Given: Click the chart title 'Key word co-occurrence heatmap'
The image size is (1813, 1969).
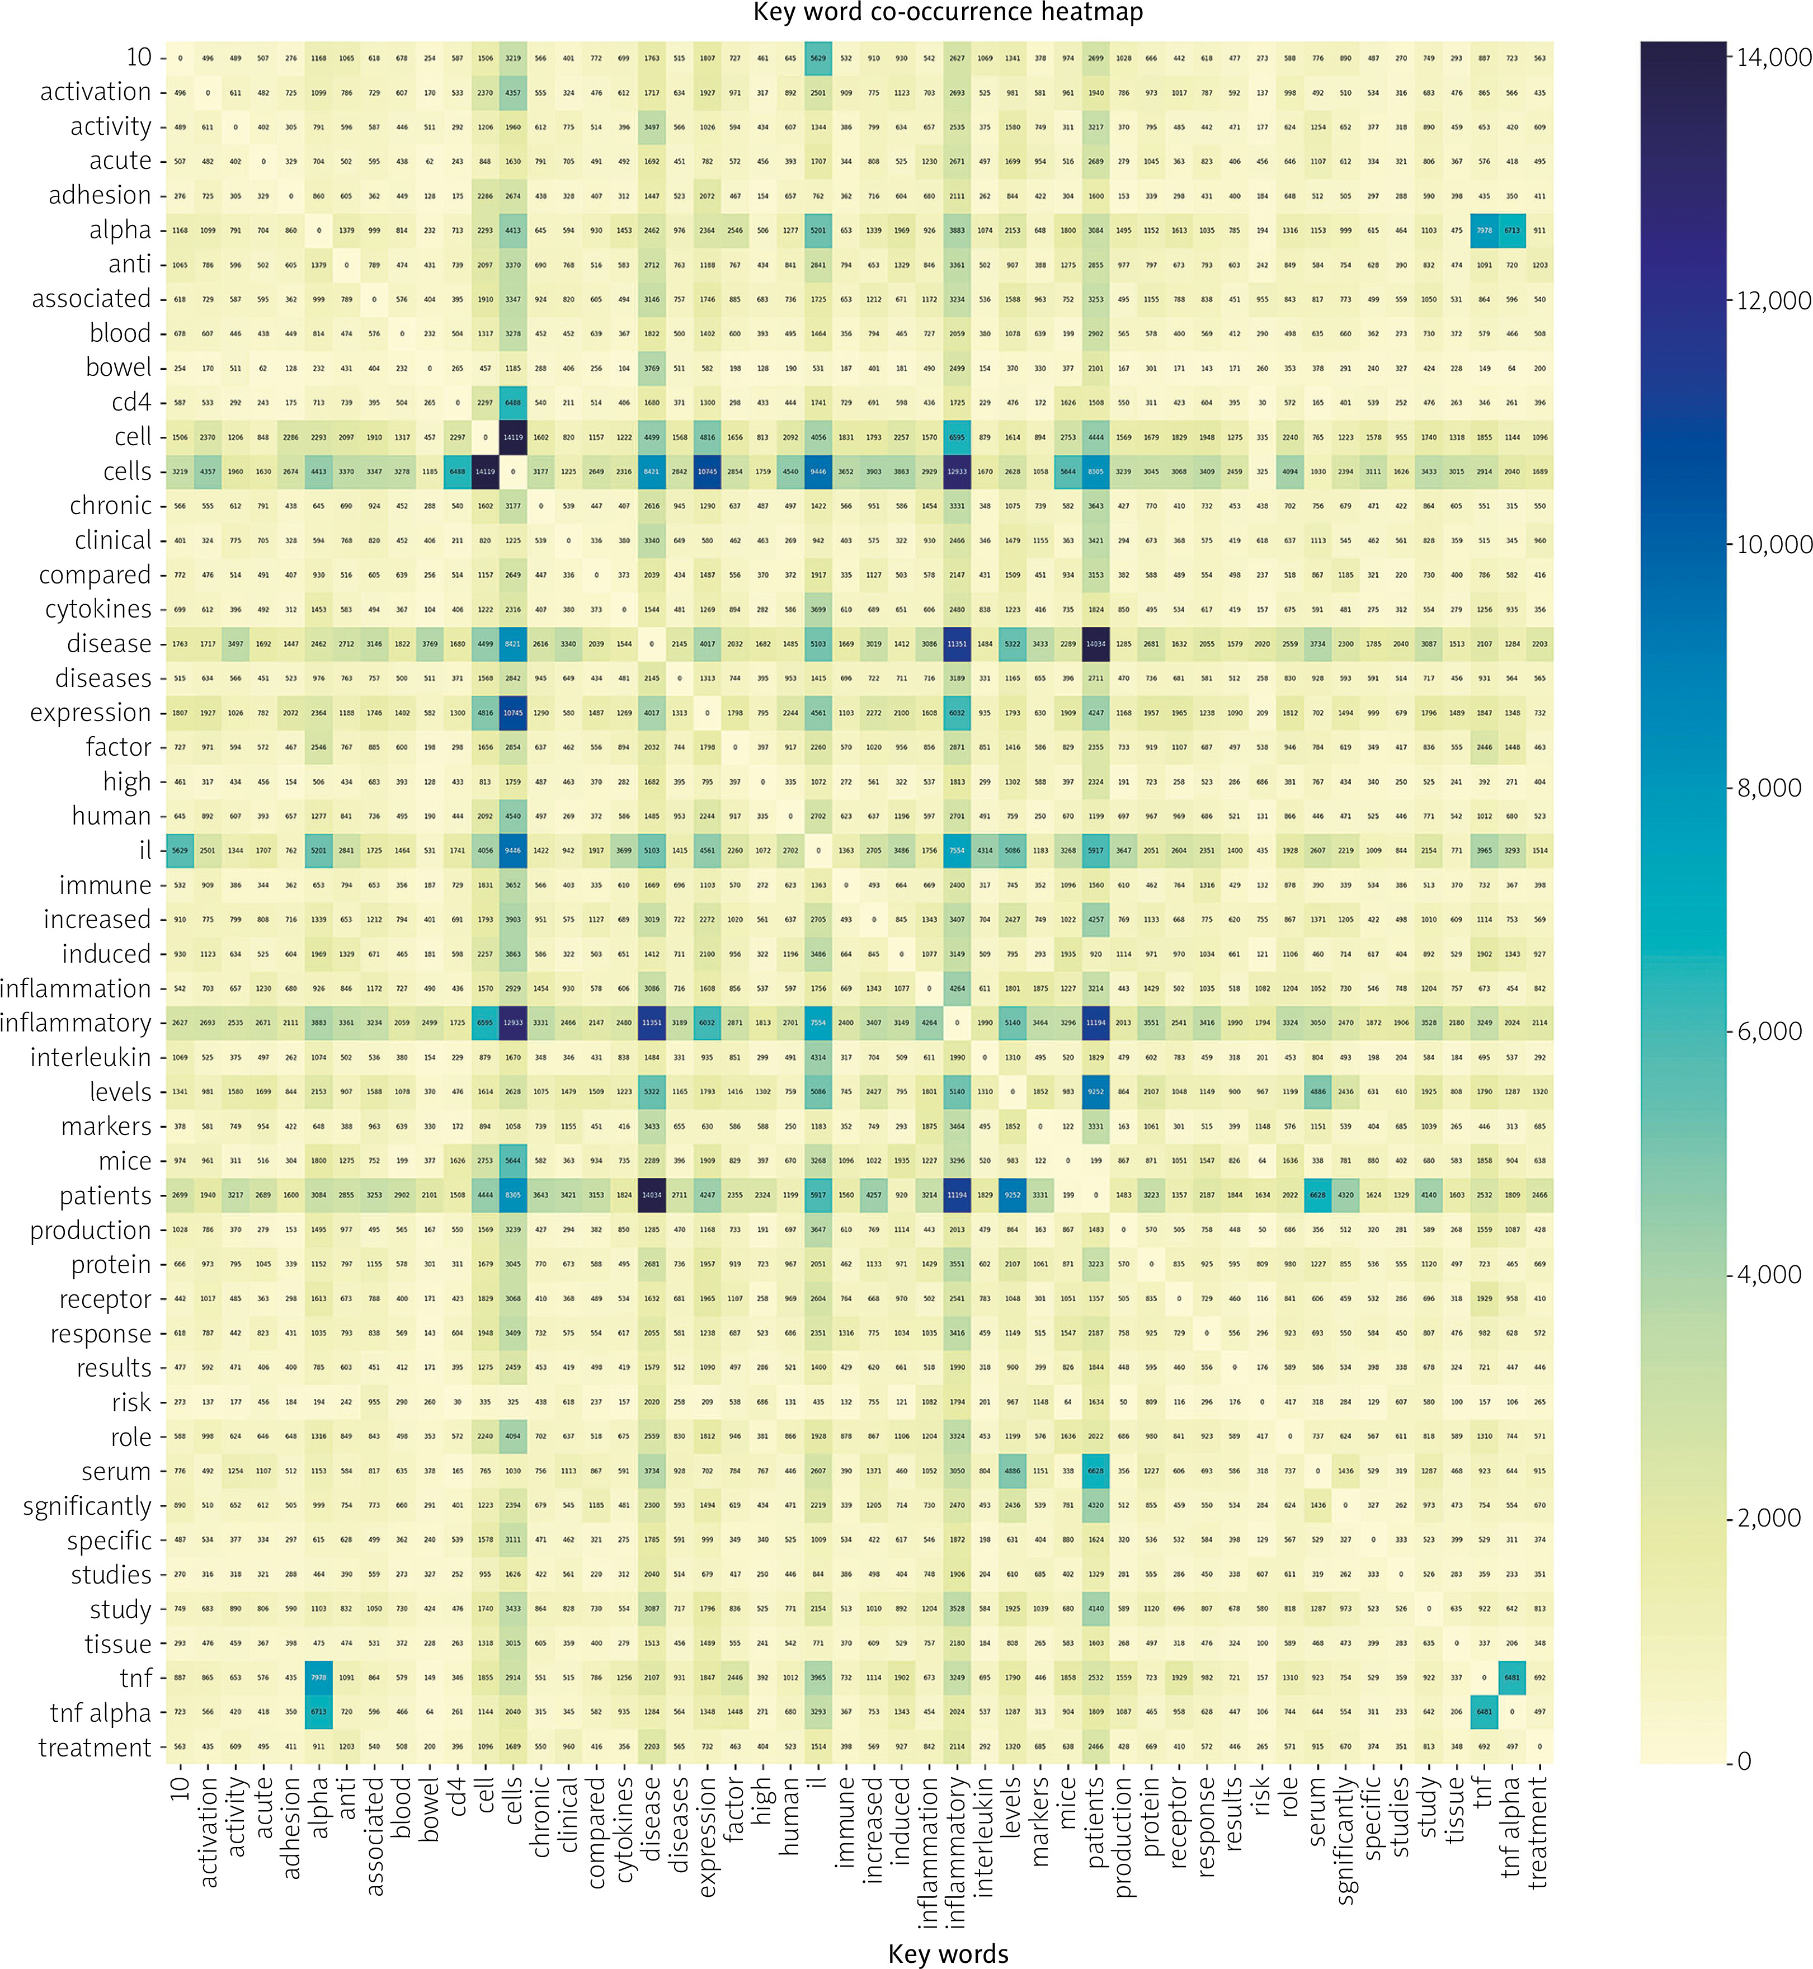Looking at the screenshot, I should point(948,13).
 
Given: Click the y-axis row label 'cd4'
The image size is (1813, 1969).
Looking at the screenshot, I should point(131,402).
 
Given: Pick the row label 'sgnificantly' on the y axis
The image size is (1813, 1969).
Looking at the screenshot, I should point(87,1506).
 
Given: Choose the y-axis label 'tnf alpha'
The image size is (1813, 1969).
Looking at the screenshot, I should point(101,1713).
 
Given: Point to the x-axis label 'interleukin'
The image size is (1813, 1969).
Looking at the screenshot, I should point(985,1835).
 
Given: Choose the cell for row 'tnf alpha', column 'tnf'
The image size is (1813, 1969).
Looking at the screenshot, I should point(1484,1713).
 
